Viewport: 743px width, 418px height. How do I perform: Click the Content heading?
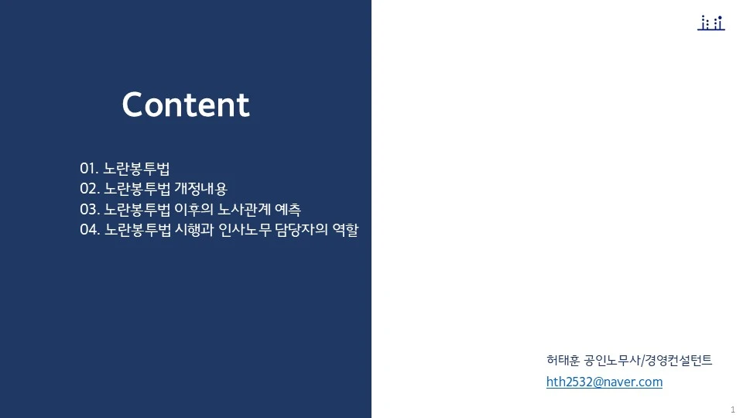tap(186, 105)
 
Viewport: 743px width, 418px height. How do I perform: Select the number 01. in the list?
tap(89, 169)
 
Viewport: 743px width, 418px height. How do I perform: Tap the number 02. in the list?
tap(90, 189)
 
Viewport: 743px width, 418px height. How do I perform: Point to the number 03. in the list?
tap(90, 209)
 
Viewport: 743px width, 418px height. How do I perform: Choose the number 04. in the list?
tap(90, 230)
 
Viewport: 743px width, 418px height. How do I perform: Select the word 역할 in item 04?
tap(348, 230)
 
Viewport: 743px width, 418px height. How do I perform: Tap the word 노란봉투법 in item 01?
tap(136, 169)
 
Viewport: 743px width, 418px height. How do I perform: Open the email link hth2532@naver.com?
tap(604, 382)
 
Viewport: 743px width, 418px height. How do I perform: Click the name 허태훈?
tap(563, 360)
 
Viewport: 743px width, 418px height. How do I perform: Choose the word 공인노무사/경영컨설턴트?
tap(649, 360)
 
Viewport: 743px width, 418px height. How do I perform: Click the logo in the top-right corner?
tap(710, 23)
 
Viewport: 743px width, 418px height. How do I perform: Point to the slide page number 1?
tap(732, 409)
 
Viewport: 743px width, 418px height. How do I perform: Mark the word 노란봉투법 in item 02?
tap(137, 189)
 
